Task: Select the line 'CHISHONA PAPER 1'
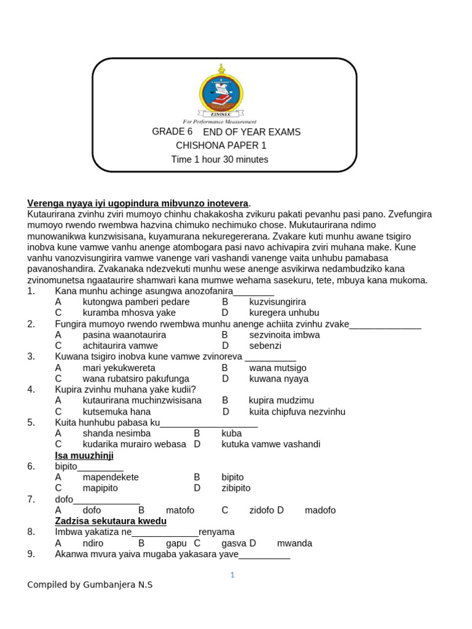pos(221,146)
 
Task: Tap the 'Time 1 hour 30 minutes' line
pos(219,160)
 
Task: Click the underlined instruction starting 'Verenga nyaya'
pos(138,203)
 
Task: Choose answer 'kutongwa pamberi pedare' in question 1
pos(136,302)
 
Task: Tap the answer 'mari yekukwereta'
pos(119,368)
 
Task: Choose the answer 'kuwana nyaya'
pos(279,379)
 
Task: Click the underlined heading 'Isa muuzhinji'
pos(84,456)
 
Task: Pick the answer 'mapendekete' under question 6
pos(111,477)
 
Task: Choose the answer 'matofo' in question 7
pos(180,510)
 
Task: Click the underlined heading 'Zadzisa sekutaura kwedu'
pos(111,521)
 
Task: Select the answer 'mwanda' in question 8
pos(294,543)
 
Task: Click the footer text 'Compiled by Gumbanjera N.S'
pos(90,585)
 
